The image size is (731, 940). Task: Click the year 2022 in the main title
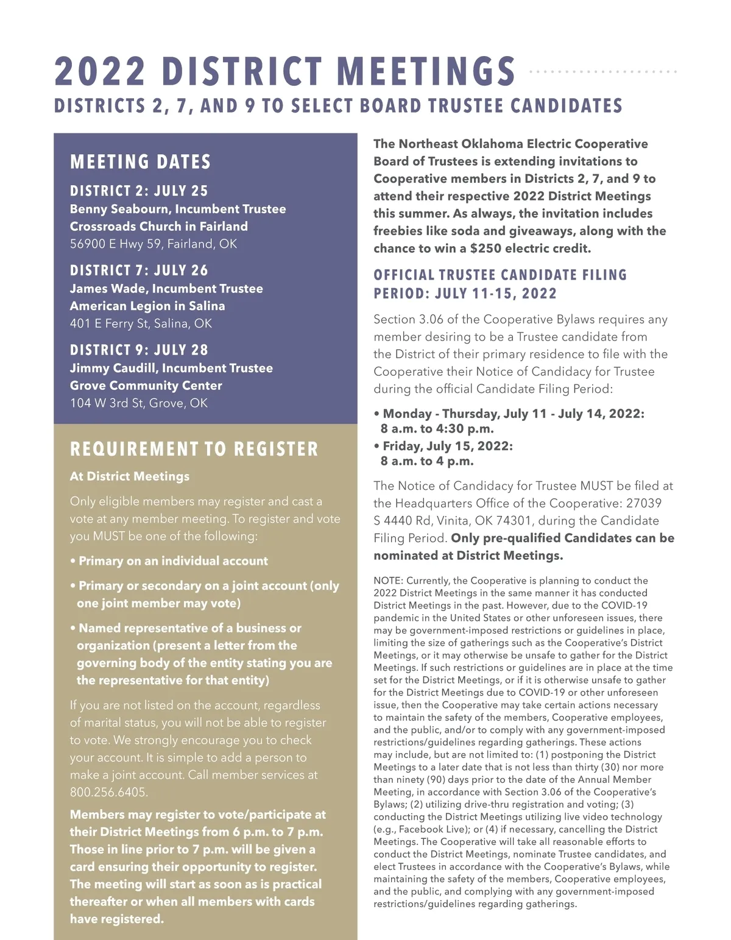(x=100, y=71)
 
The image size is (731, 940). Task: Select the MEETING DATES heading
(x=140, y=162)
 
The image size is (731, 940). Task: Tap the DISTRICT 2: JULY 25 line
(x=139, y=191)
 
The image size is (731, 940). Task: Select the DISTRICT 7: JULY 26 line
(x=139, y=270)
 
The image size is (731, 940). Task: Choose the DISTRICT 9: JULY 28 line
(x=139, y=350)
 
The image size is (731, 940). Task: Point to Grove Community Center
(x=146, y=386)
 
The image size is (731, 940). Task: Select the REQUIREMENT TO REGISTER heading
(x=194, y=450)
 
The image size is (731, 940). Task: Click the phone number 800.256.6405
(x=109, y=793)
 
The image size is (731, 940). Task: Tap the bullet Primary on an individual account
(x=173, y=561)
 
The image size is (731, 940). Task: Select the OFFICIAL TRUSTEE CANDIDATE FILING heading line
(x=500, y=275)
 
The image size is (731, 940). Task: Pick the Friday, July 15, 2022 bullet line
(x=448, y=446)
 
